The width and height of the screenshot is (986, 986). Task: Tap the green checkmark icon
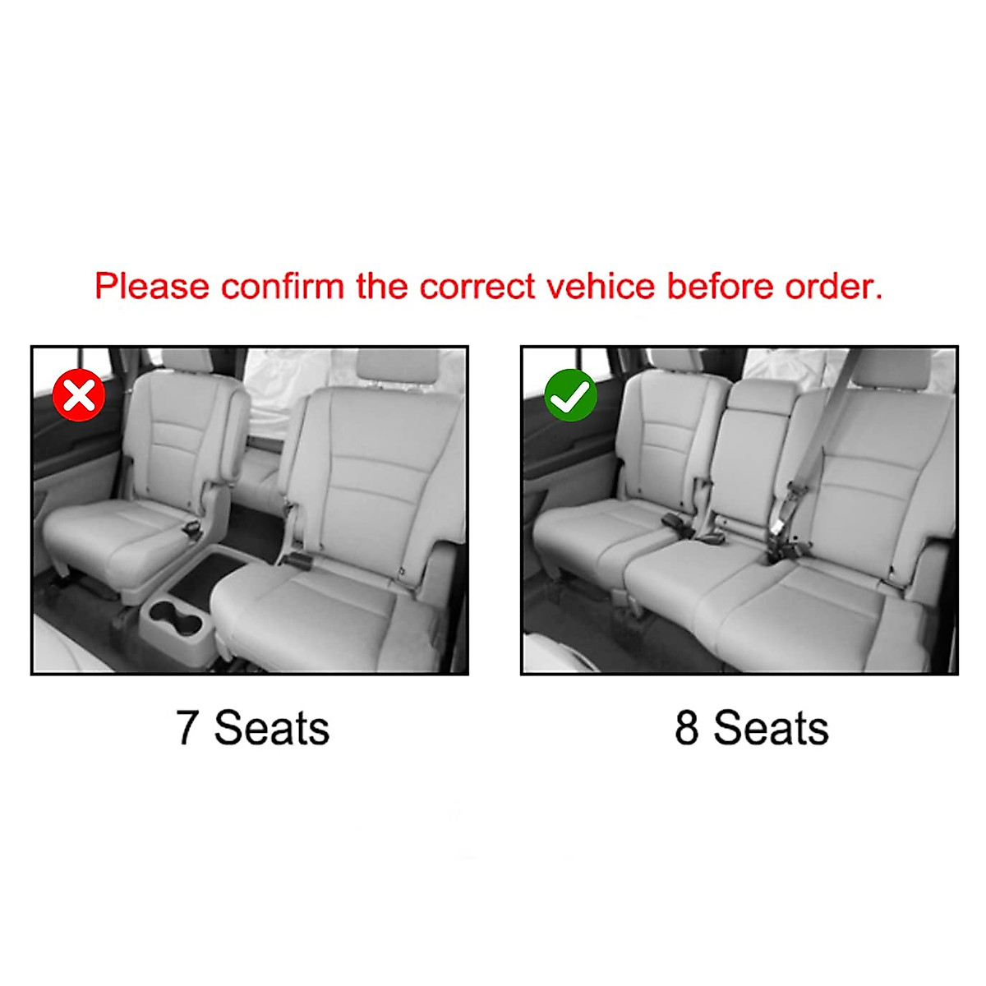[x=570, y=395]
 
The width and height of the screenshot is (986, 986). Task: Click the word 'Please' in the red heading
[x=152, y=287]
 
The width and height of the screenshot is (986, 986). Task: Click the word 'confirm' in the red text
[x=283, y=287]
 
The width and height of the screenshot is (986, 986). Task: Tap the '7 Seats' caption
[x=252, y=728]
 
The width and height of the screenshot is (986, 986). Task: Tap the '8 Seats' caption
[x=751, y=728]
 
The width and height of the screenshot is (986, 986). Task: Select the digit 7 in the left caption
[x=187, y=728]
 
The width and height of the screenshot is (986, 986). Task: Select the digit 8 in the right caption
[x=687, y=728]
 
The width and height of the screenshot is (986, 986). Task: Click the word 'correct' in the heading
[x=477, y=287]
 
